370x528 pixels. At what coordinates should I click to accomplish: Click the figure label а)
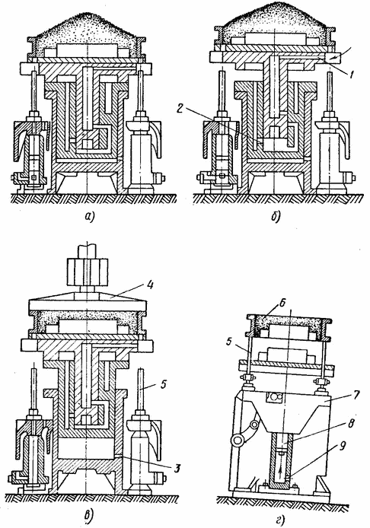click(89, 218)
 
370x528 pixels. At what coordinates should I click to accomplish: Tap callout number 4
click(150, 285)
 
